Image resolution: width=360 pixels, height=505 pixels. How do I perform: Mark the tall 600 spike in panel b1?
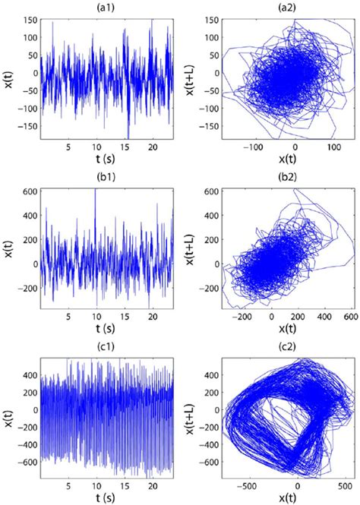click(96, 191)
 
